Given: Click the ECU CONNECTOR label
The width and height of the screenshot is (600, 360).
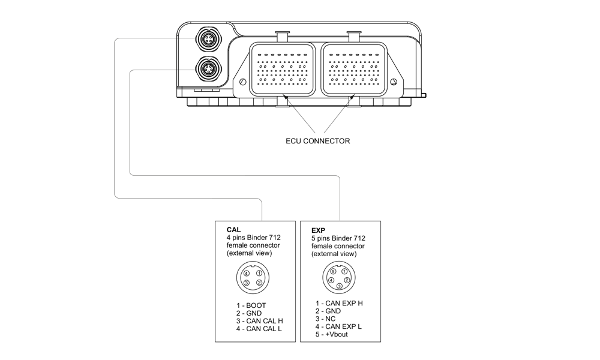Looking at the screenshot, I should (317, 142).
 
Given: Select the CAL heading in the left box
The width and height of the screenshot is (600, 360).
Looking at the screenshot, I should (233, 230).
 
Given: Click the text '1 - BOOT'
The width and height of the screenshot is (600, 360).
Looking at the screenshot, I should (251, 305).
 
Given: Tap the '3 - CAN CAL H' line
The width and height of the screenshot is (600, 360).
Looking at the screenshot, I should (259, 321).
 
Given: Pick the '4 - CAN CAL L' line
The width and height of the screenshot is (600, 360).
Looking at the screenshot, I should (259, 329).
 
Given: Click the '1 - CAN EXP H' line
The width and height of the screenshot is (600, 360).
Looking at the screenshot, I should (339, 304).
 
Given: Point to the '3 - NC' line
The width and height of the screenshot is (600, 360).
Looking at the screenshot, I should (326, 319).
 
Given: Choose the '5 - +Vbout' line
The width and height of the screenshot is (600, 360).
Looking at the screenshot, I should (331, 334).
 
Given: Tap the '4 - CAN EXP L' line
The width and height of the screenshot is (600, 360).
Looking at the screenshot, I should (338, 327).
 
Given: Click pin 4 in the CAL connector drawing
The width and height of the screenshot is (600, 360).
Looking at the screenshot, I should (246, 274).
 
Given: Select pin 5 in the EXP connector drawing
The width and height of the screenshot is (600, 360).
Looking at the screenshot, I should (332, 272).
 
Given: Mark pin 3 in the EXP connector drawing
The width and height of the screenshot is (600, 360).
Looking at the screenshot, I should (339, 286).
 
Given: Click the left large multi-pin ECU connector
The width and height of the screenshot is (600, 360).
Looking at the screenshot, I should (282, 69).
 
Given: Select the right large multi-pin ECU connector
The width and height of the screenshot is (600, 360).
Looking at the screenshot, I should (353, 69).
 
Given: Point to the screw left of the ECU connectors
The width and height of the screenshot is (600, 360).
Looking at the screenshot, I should (242, 82).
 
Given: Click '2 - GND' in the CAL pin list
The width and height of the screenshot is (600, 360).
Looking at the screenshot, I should (248, 313).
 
